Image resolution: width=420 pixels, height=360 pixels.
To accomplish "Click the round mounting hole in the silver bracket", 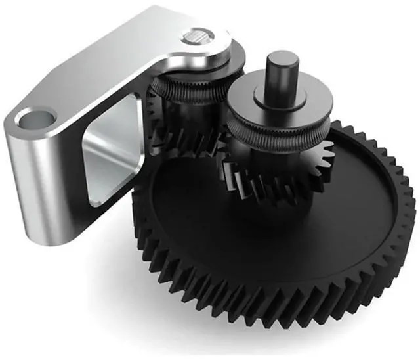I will (37, 120).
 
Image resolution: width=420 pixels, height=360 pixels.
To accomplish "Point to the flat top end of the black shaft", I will (283, 58).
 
